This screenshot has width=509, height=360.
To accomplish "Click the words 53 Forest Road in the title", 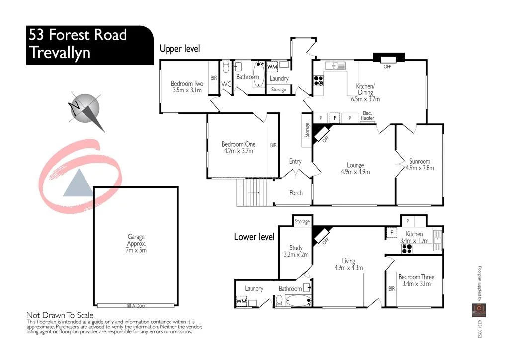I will [78, 35].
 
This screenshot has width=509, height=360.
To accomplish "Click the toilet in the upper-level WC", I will [226, 67].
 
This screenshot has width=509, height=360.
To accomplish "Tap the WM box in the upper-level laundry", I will [272, 67].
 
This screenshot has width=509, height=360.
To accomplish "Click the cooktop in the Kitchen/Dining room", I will [318, 80].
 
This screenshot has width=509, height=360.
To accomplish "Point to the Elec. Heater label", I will [368, 116].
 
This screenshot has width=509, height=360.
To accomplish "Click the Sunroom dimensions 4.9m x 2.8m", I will [420, 168].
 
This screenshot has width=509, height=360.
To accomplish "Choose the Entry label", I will [295, 161].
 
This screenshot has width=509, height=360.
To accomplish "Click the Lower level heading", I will [254, 237].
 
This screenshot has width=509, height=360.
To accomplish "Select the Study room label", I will [296, 248].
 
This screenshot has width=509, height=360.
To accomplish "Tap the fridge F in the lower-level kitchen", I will [391, 232].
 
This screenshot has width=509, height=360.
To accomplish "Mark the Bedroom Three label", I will [417, 277].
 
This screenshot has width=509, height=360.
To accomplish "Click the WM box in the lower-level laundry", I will [241, 301].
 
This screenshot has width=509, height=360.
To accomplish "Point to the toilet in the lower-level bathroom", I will [280, 300].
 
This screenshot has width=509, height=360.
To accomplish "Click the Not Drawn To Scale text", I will [60, 315].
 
